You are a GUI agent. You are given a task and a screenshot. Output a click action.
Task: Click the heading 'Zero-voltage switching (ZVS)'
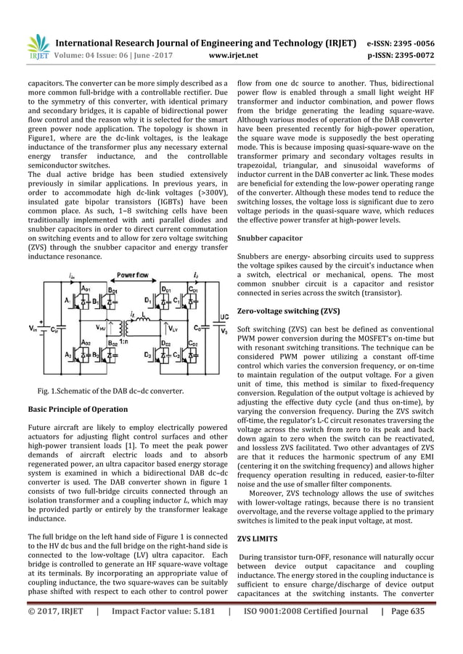click(x=288, y=310)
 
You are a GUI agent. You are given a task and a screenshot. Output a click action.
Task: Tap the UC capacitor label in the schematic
click(x=225, y=317)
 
